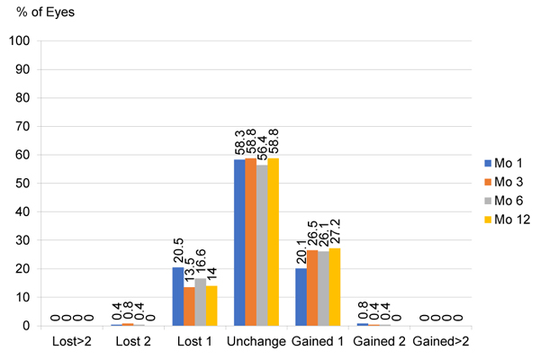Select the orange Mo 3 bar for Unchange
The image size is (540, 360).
coord(250,242)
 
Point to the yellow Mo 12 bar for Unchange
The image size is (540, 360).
coord(273,242)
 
